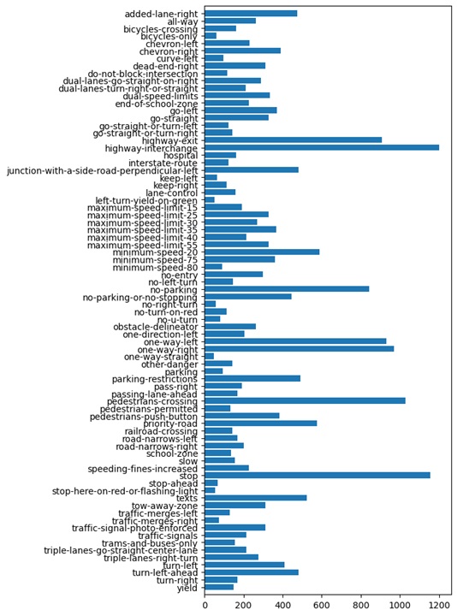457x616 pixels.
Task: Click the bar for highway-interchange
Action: tap(322, 148)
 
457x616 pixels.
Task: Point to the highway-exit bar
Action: tap(294, 139)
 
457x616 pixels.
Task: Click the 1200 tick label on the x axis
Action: tap(439, 605)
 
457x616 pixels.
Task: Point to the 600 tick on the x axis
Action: tap(322, 605)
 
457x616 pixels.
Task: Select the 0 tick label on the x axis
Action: tap(205, 605)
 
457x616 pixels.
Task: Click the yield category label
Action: tap(186, 587)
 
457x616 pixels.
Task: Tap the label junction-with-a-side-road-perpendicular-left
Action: tap(104, 169)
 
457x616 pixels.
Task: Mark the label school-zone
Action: tap(174, 453)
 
